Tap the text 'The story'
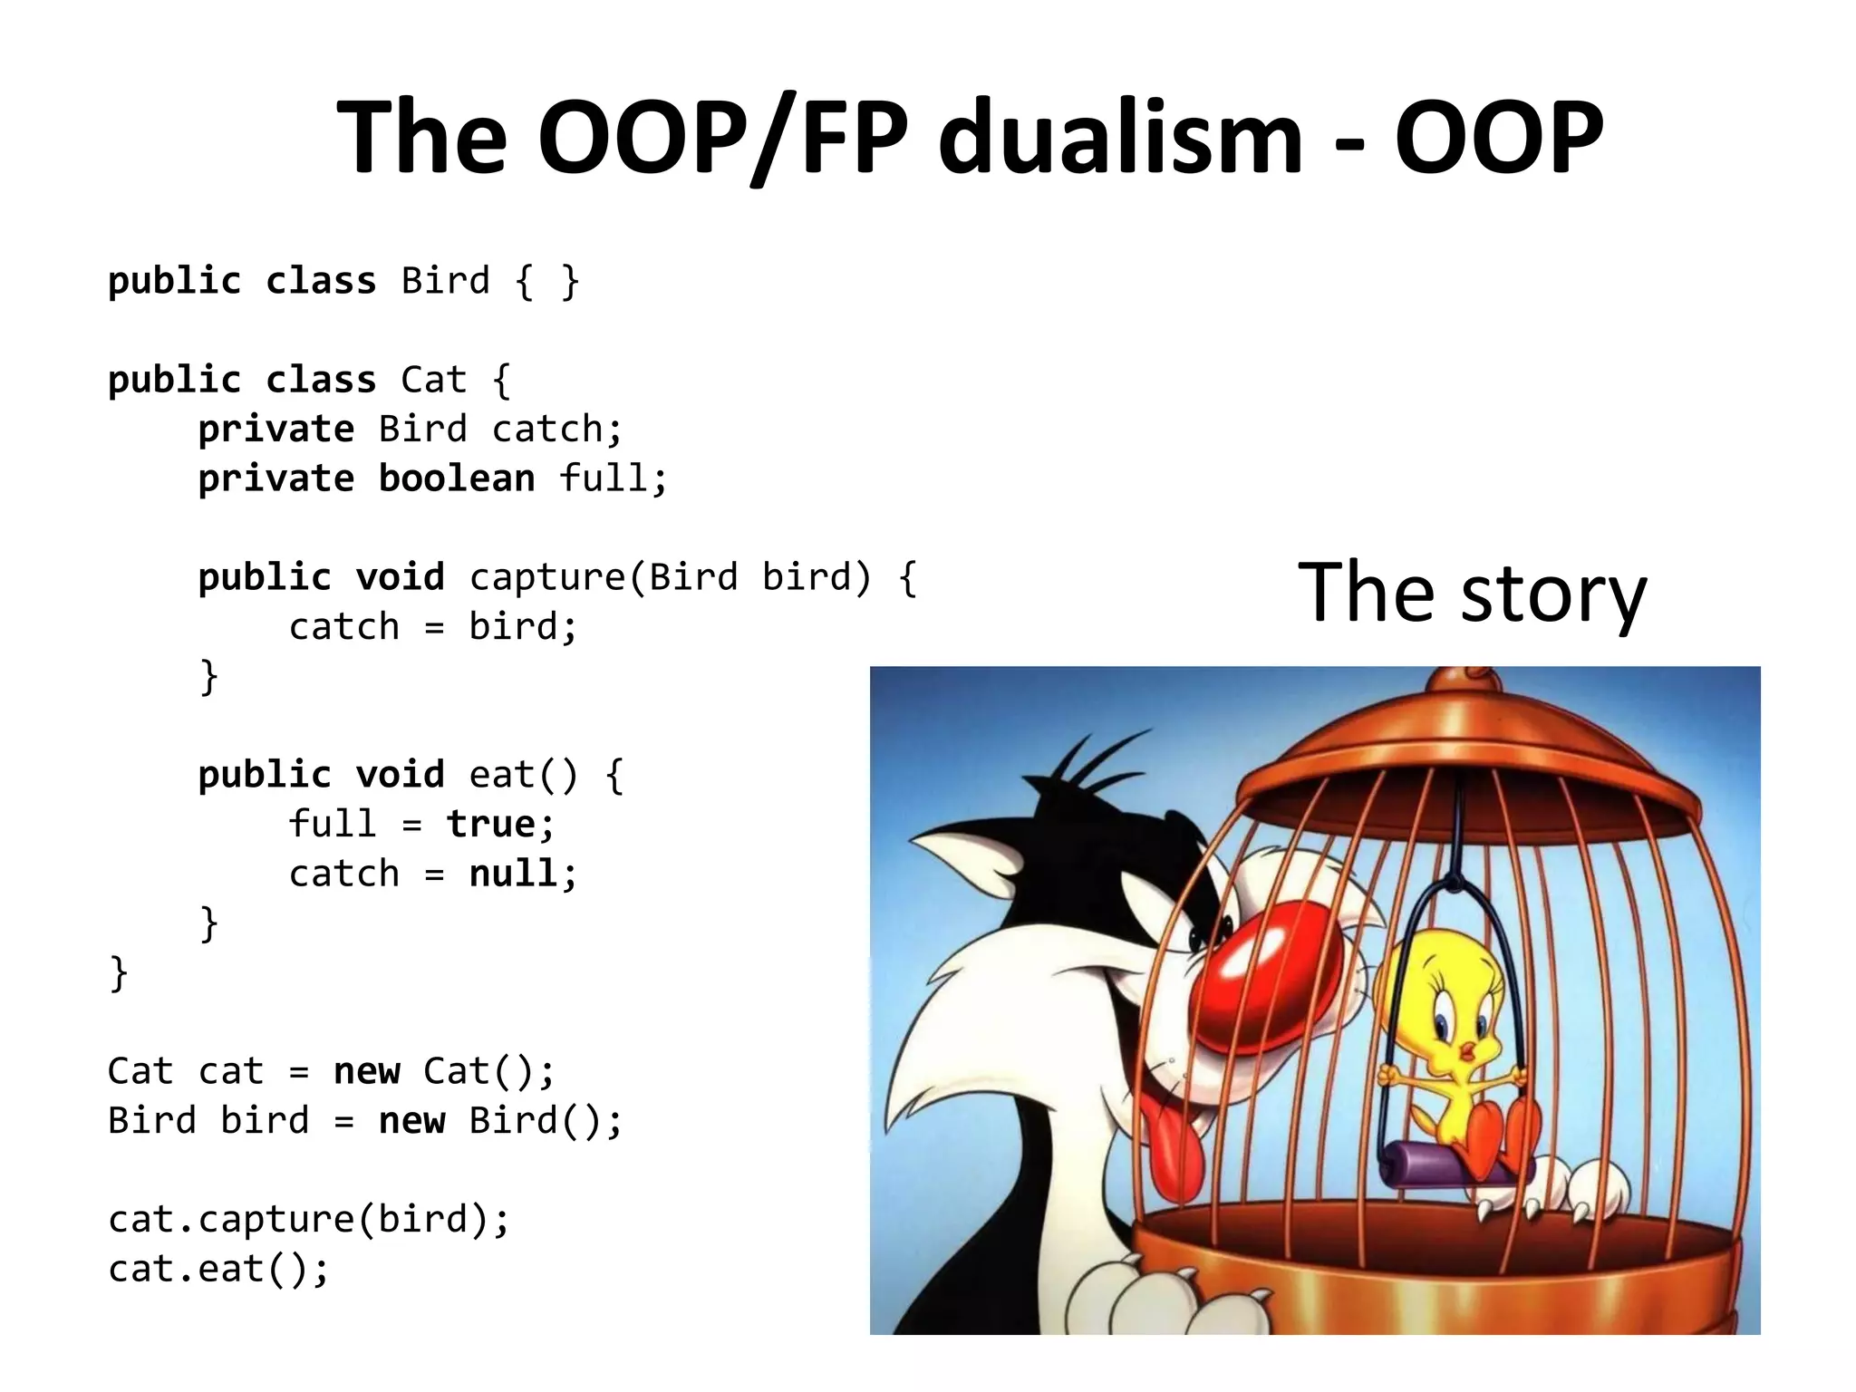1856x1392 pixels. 1472,594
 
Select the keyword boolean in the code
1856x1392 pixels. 456,478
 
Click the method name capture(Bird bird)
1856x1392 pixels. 670,577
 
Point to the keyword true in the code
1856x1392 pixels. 490,825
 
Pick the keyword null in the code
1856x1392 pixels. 513,874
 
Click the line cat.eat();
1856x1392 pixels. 218,1269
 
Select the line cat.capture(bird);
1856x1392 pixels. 309,1219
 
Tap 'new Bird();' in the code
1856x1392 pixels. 500,1121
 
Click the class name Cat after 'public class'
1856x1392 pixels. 433,380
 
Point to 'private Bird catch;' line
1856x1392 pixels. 411,429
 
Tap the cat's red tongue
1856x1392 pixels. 1169,1146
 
